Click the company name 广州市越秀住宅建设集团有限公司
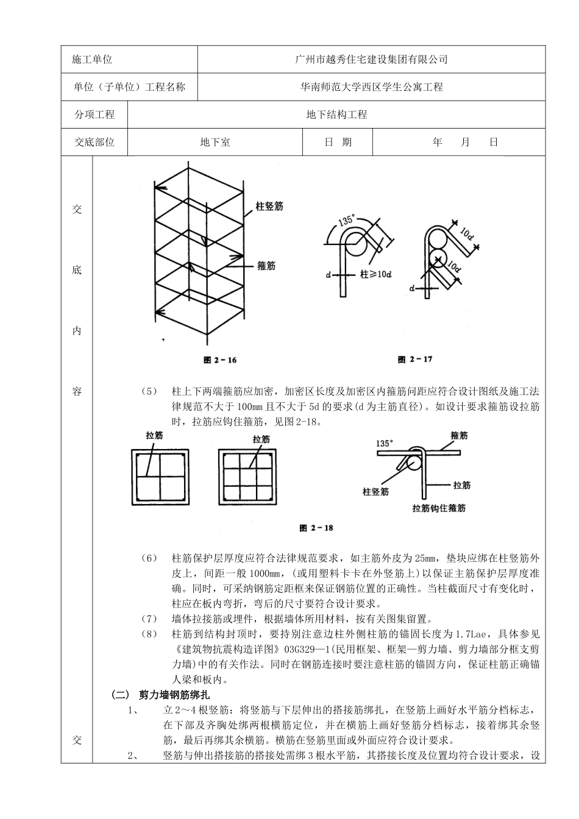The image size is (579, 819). click(371, 60)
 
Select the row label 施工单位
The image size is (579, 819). click(93, 60)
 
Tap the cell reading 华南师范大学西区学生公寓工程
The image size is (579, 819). click(371, 87)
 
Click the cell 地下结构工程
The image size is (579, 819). click(336, 115)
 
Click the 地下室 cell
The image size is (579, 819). click(215, 142)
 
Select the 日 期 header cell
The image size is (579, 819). click(338, 142)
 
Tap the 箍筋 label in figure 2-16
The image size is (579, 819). click(266, 266)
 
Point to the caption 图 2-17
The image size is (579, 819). click(415, 360)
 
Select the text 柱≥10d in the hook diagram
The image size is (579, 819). click(375, 275)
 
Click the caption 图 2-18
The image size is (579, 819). click(316, 528)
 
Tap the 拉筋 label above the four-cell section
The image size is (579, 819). click(154, 436)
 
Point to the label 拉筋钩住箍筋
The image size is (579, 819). click(439, 507)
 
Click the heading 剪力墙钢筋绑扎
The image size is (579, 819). click(174, 695)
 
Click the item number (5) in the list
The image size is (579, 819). click(149, 391)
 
